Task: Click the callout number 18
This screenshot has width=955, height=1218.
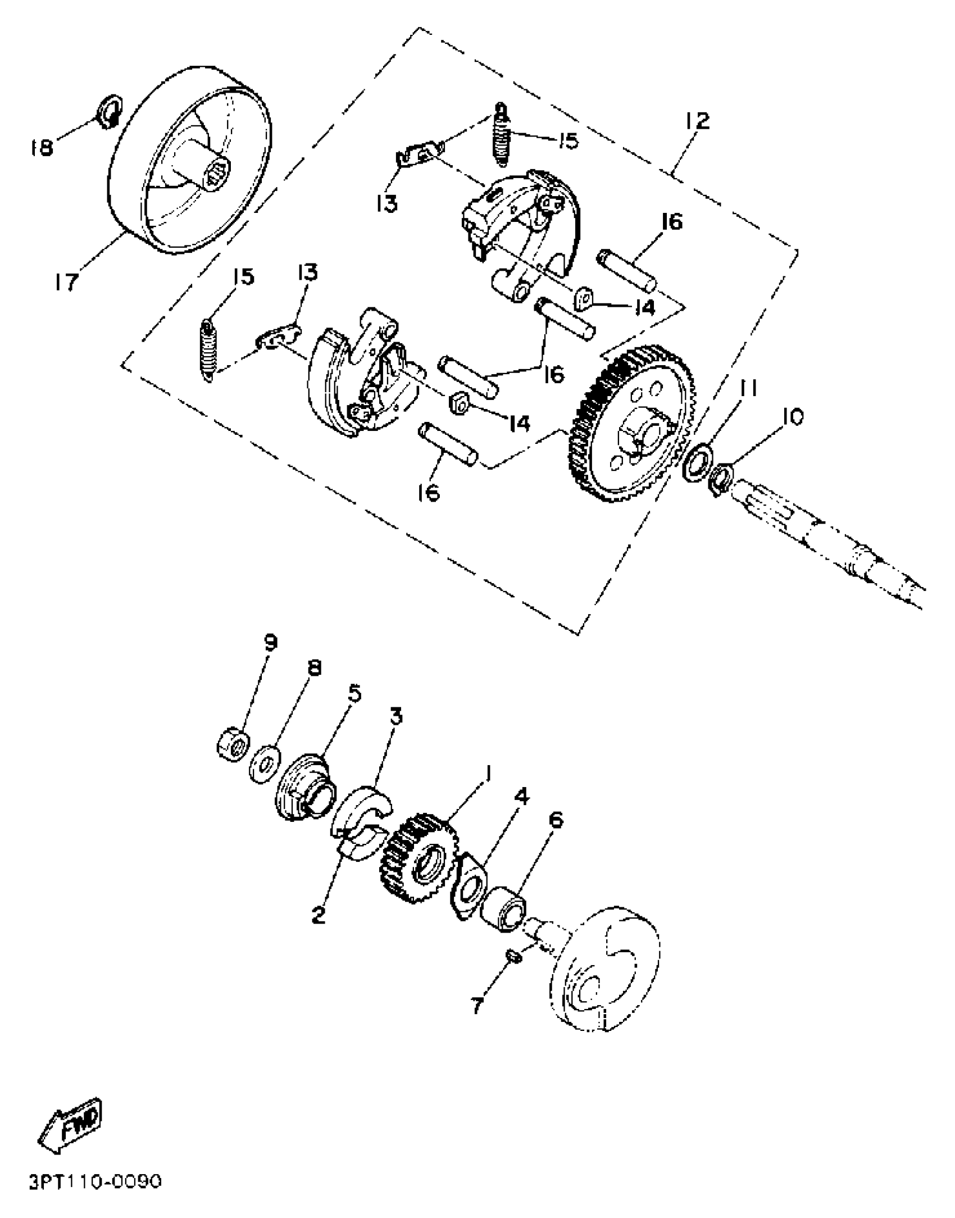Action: [41, 147]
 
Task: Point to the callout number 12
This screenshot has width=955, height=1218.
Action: [697, 120]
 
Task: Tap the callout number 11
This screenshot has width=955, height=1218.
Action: [748, 388]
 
